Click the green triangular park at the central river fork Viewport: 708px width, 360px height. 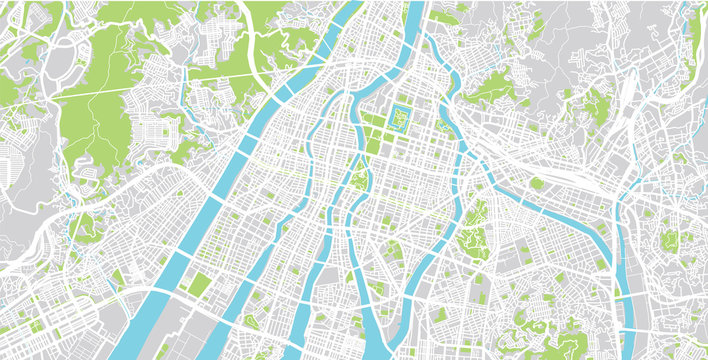point(359,180)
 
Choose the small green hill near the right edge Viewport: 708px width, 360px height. point(668,240)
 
